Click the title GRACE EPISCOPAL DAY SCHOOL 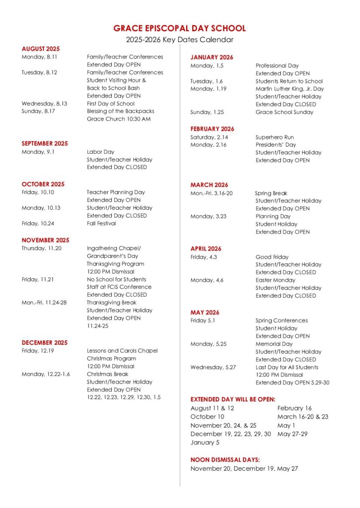click(x=179, y=28)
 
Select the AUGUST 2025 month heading click(x=41, y=49)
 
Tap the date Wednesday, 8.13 click(x=44, y=104)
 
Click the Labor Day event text click(x=101, y=152)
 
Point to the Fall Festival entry click(x=101, y=223)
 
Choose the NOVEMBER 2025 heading click(x=45, y=240)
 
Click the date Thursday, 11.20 click(x=42, y=248)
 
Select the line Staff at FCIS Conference click(x=119, y=287)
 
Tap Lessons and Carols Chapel click(x=122, y=351)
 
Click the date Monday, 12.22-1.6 click(x=46, y=374)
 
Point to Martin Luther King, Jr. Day click(x=289, y=89)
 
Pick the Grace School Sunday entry click(x=285, y=112)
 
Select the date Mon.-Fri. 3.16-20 click(x=212, y=193)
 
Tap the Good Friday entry click(x=272, y=257)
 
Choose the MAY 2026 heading click(x=205, y=313)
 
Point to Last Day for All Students click(x=287, y=367)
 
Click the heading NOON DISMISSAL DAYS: click(x=225, y=460)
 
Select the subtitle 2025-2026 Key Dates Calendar click(x=179, y=40)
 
